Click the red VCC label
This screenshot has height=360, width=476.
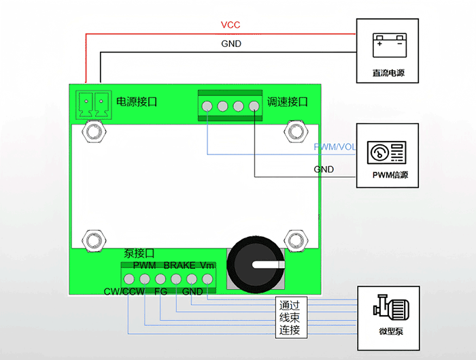pos(231,25)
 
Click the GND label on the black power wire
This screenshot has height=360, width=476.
pos(231,44)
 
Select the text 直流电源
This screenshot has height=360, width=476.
pos(387,73)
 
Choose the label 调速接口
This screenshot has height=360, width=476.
pos(288,102)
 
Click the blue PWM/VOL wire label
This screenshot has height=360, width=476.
pos(335,147)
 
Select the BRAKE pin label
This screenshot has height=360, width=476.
pos(179,264)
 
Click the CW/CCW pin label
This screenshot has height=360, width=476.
pos(123,291)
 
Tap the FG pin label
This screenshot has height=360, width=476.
pos(160,291)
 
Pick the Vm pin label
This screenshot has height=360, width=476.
pos(207,264)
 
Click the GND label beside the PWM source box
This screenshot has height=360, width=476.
pos(324,169)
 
